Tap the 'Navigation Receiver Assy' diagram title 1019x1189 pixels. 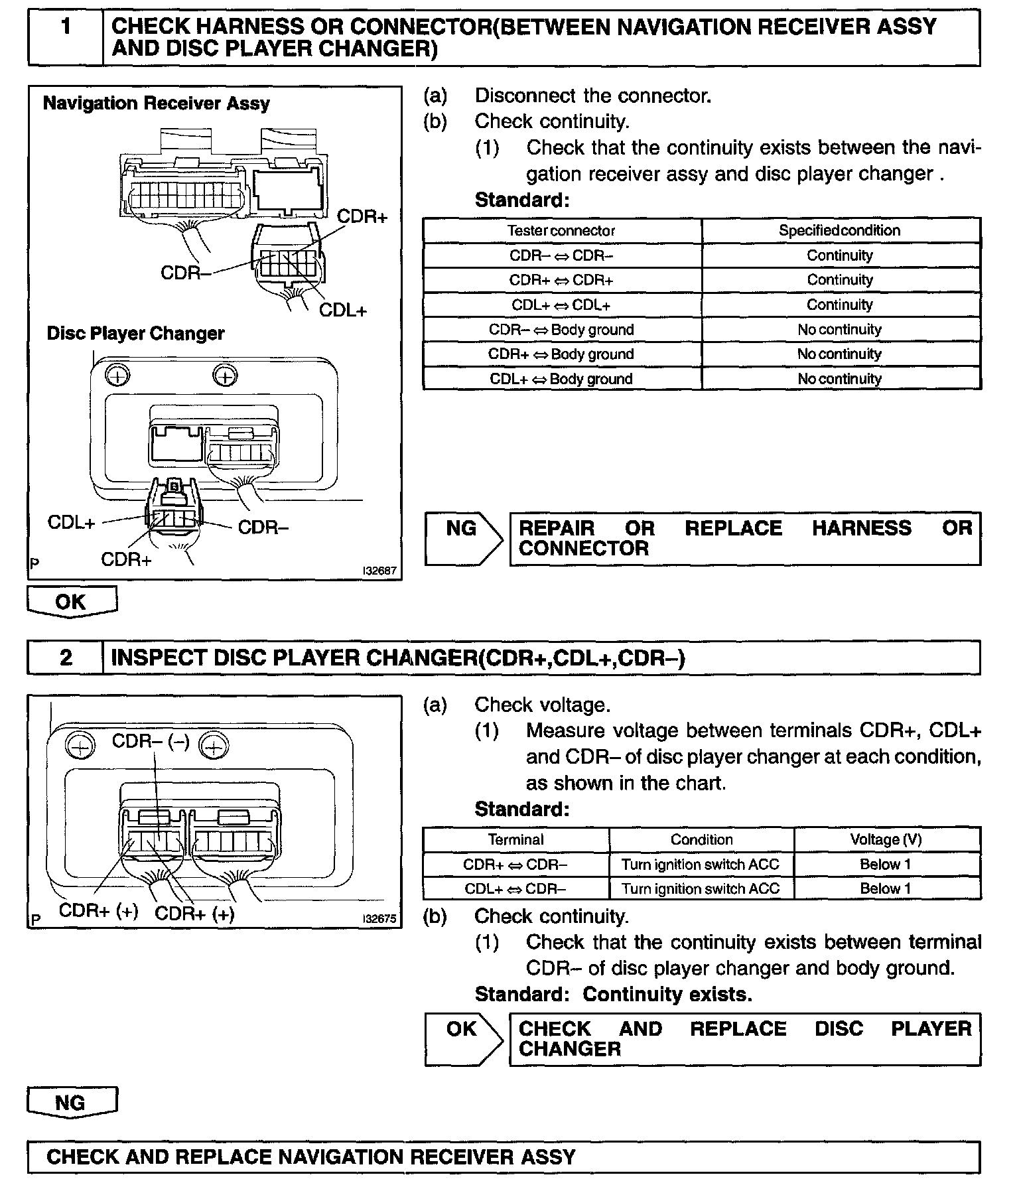tap(156, 104)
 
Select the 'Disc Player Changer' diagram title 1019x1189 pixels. tap(135, 333)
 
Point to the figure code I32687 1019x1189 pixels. tap(379, 570)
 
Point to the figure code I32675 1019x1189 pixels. tap(379, 919)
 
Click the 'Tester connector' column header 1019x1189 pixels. tap(561, 231)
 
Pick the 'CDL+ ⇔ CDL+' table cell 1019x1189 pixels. tap(561, 305)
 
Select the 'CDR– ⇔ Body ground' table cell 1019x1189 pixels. tap(561, 330)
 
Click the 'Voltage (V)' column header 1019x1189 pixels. tap(886, 839)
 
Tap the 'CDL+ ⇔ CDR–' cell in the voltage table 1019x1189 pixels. tap(515, 888)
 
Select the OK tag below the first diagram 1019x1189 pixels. tap(71, 601)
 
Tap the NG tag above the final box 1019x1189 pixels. tap(71, 1102)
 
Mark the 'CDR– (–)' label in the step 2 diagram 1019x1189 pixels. tap(151, 740)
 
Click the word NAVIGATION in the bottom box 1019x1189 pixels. tap(343, 1156)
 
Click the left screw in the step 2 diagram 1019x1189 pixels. tap(80, 748)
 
